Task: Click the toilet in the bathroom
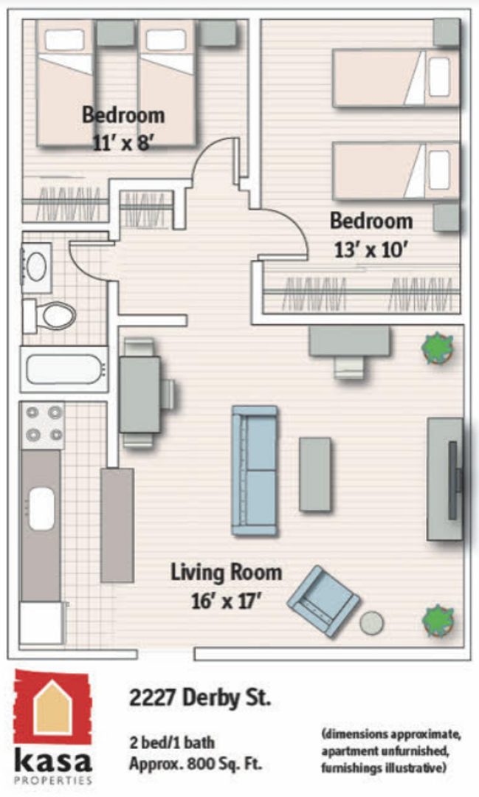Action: [50, 316]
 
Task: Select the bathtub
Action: [64, 369]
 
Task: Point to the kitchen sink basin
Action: [41, 508]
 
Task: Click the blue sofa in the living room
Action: [255, 470]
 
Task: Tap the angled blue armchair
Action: [323, 601]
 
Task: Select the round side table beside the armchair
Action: [372, 623]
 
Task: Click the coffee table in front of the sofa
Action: [315, 475]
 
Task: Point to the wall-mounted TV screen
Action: [452, 480]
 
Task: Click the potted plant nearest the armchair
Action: [438, 621]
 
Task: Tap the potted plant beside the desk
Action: [438, 348]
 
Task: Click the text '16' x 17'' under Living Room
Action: [226, 601]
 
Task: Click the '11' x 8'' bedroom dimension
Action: [123, 143]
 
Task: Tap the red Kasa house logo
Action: [53, 708]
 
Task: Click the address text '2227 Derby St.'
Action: [200, 697]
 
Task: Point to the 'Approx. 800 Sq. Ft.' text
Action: [196, 764]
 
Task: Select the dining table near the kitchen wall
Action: [139, 394]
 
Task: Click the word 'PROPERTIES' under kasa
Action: [53, 780]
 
